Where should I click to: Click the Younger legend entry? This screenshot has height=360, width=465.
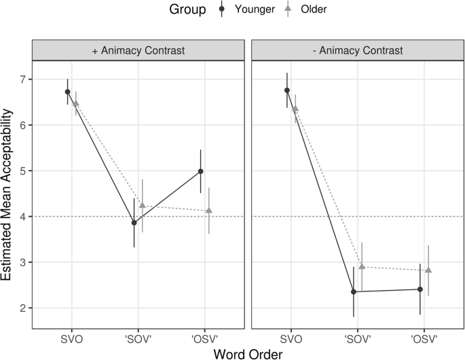(242, 10)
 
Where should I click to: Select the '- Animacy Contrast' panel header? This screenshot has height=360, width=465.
(357, 50)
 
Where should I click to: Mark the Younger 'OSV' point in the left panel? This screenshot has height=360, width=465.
(201, 171)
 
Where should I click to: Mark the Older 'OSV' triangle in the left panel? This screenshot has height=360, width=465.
(209, 211)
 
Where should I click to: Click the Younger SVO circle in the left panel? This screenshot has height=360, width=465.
(68, 92)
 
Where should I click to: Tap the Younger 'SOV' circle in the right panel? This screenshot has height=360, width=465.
(354, 292)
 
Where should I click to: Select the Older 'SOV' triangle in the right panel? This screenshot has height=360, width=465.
(362, 266)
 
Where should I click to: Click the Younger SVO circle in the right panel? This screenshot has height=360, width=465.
(287, 90)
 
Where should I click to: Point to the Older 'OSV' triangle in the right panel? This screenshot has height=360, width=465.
(428, 270)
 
